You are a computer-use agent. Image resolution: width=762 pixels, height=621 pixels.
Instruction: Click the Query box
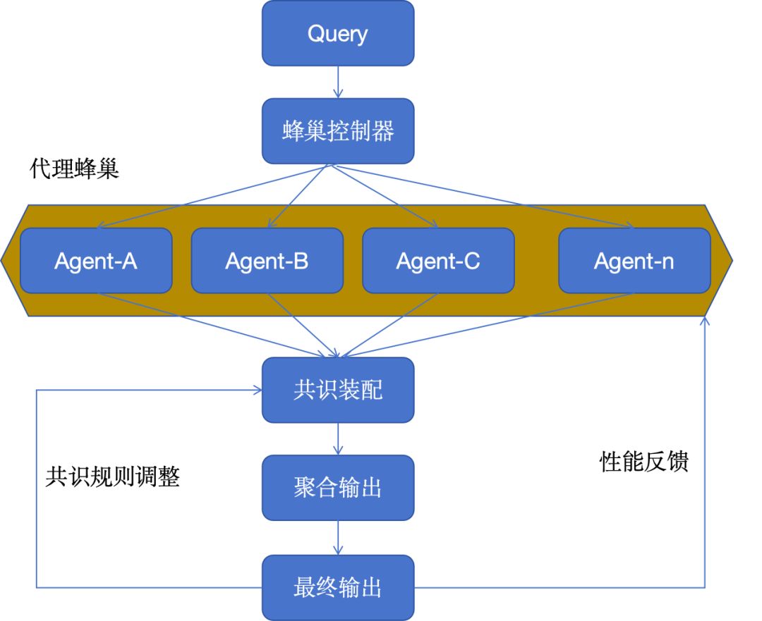click(338, 34)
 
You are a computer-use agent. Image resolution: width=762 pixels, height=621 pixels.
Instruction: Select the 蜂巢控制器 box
click(338, 131)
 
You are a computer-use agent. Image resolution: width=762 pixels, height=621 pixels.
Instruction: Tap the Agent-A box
click(96, 261)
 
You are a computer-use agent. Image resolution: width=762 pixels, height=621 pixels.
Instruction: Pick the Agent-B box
click(267, 261)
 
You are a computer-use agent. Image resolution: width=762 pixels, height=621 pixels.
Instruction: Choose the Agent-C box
click(438, 261)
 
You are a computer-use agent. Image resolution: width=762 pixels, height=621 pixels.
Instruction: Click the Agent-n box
click(634, 261)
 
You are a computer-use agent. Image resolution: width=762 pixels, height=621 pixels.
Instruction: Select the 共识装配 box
click(338, 390)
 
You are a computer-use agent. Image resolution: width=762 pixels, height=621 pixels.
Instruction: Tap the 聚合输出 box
click(338, 487)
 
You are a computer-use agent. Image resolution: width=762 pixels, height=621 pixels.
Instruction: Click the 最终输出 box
click(338, 587)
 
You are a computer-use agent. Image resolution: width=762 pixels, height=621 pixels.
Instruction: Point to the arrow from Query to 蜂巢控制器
click(338, 82)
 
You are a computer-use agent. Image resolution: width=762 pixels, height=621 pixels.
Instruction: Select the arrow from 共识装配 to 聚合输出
click(338, 438)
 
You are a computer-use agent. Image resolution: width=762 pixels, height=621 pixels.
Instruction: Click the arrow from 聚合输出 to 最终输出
click(338, 538)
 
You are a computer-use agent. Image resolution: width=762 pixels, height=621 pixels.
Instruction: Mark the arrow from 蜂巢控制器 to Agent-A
click(212, 197)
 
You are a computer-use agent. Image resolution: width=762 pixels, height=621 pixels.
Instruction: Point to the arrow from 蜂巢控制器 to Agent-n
click(487, 197)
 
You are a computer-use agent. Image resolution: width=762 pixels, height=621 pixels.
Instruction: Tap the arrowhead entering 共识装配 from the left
click(258, 390)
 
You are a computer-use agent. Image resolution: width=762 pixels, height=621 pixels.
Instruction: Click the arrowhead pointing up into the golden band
click(704, 321)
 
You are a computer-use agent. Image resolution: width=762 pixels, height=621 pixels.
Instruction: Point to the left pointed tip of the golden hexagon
click(4, 260)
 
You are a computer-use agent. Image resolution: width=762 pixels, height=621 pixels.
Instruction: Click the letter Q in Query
click(315, 33)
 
